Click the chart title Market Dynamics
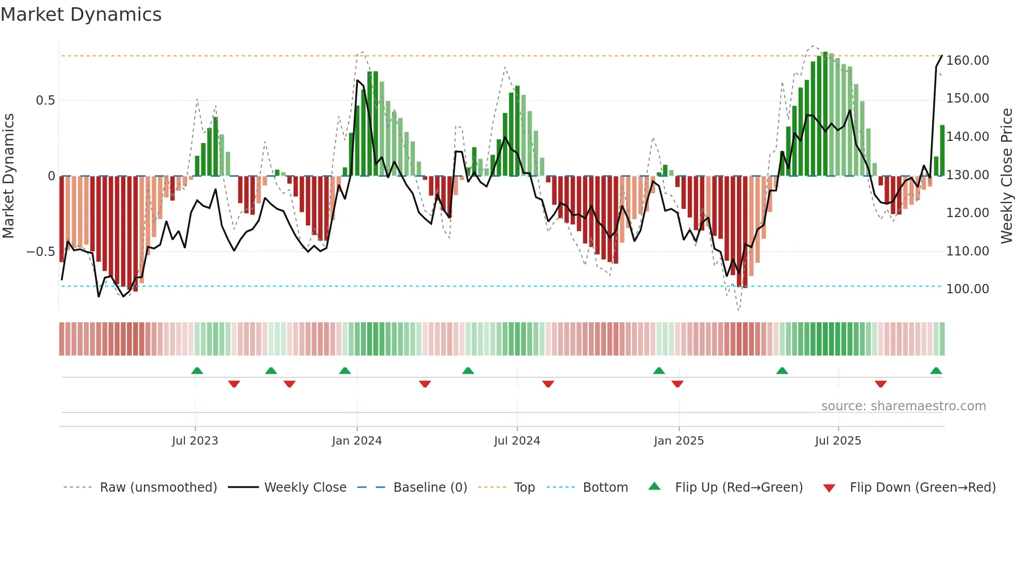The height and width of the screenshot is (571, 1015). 81,15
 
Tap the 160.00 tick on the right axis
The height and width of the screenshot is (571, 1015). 967,61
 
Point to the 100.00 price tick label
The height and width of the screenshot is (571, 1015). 967,289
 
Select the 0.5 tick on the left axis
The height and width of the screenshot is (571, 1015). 45,101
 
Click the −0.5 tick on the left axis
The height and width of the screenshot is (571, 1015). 40,252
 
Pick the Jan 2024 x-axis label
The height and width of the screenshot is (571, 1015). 357,441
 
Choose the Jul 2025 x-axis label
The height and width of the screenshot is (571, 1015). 838,441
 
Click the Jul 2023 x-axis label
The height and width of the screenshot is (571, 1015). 195,441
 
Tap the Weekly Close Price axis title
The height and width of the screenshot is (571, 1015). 1006,176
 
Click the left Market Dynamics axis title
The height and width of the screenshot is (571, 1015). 8,176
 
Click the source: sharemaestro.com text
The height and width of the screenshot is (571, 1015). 903,406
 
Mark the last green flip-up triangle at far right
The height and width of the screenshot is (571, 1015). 936,371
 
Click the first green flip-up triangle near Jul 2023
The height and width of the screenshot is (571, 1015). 197,371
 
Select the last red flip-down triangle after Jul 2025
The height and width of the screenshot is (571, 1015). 880,384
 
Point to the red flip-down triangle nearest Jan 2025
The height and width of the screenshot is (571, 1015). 677,384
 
